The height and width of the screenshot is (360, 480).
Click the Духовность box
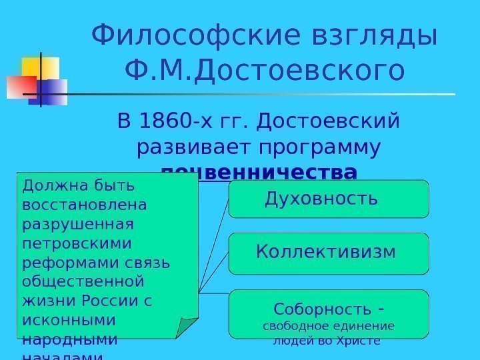(328, 199)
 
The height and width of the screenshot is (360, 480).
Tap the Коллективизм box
(328, 253)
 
